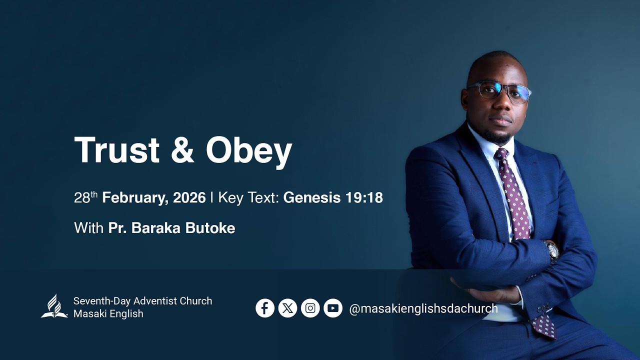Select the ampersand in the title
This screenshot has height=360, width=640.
(x=182, y=149)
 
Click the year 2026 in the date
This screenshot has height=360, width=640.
(x=189, y=198)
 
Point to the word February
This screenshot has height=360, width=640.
(x=132, y=198)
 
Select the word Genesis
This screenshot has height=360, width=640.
(x=311, y=198)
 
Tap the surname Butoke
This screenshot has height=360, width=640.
(x=210, y=228)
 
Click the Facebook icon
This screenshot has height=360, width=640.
(x=265, y=308)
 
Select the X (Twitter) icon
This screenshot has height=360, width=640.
(x=287, y=308)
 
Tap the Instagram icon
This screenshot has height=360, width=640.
(x=310, y=308)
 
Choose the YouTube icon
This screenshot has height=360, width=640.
(x=332, y=308)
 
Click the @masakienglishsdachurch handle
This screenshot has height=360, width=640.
(x=423, y=308)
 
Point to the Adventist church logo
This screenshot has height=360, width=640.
(x=54, y=306)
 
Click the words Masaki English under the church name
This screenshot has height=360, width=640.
(x=108, y=314)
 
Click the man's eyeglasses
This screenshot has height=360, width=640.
(x=498, y=91)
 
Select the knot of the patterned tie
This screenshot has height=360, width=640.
(x=501, y=155)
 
